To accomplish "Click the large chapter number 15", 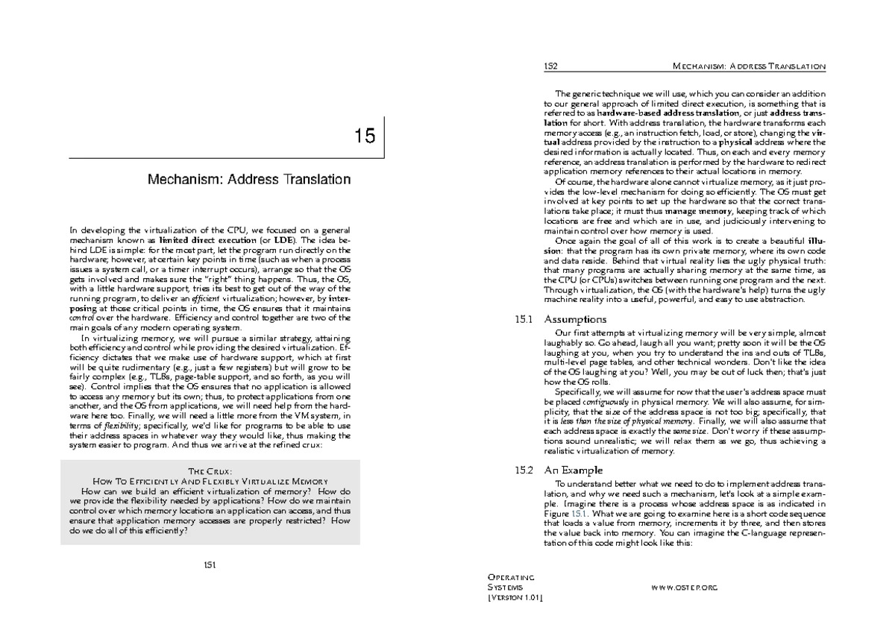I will coord(365,136).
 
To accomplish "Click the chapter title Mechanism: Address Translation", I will coord(248,180).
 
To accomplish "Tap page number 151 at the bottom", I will coord(210,564).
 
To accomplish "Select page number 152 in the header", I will coord(552,66).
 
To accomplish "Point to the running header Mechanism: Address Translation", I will coord(749,66).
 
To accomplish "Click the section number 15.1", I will coord(524,319).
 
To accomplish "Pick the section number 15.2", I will coord(524,470).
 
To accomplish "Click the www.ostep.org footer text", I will coord(684,588).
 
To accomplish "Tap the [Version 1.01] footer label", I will coord(515,598).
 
